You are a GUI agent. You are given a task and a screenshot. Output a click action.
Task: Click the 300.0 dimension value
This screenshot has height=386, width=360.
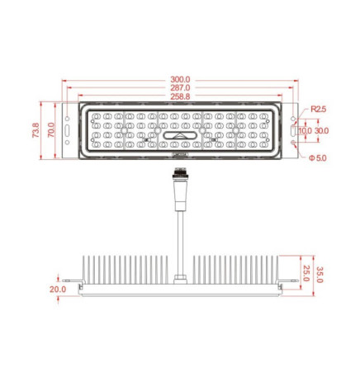coord(180,79)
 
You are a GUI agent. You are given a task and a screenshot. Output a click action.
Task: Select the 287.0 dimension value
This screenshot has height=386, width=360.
coord(180,87)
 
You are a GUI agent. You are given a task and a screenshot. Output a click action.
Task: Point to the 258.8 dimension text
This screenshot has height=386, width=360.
coord(180,96)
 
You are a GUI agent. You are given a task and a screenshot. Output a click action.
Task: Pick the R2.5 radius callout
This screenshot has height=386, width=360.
coord(319,109)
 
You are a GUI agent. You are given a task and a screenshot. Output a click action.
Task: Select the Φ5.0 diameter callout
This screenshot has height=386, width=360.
coord(319,158)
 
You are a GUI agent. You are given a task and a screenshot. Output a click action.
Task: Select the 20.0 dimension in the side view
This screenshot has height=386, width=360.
coord(58,289)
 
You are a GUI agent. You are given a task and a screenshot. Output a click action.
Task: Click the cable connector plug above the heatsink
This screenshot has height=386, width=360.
coord(178,185)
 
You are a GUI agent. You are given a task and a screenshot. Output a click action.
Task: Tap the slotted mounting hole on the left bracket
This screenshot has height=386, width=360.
coord(68,130)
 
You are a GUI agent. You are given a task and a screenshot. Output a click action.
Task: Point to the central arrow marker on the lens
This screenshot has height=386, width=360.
coord(179,135)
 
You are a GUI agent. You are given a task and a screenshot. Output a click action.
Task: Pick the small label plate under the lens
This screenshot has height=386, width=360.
coord(179,153)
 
